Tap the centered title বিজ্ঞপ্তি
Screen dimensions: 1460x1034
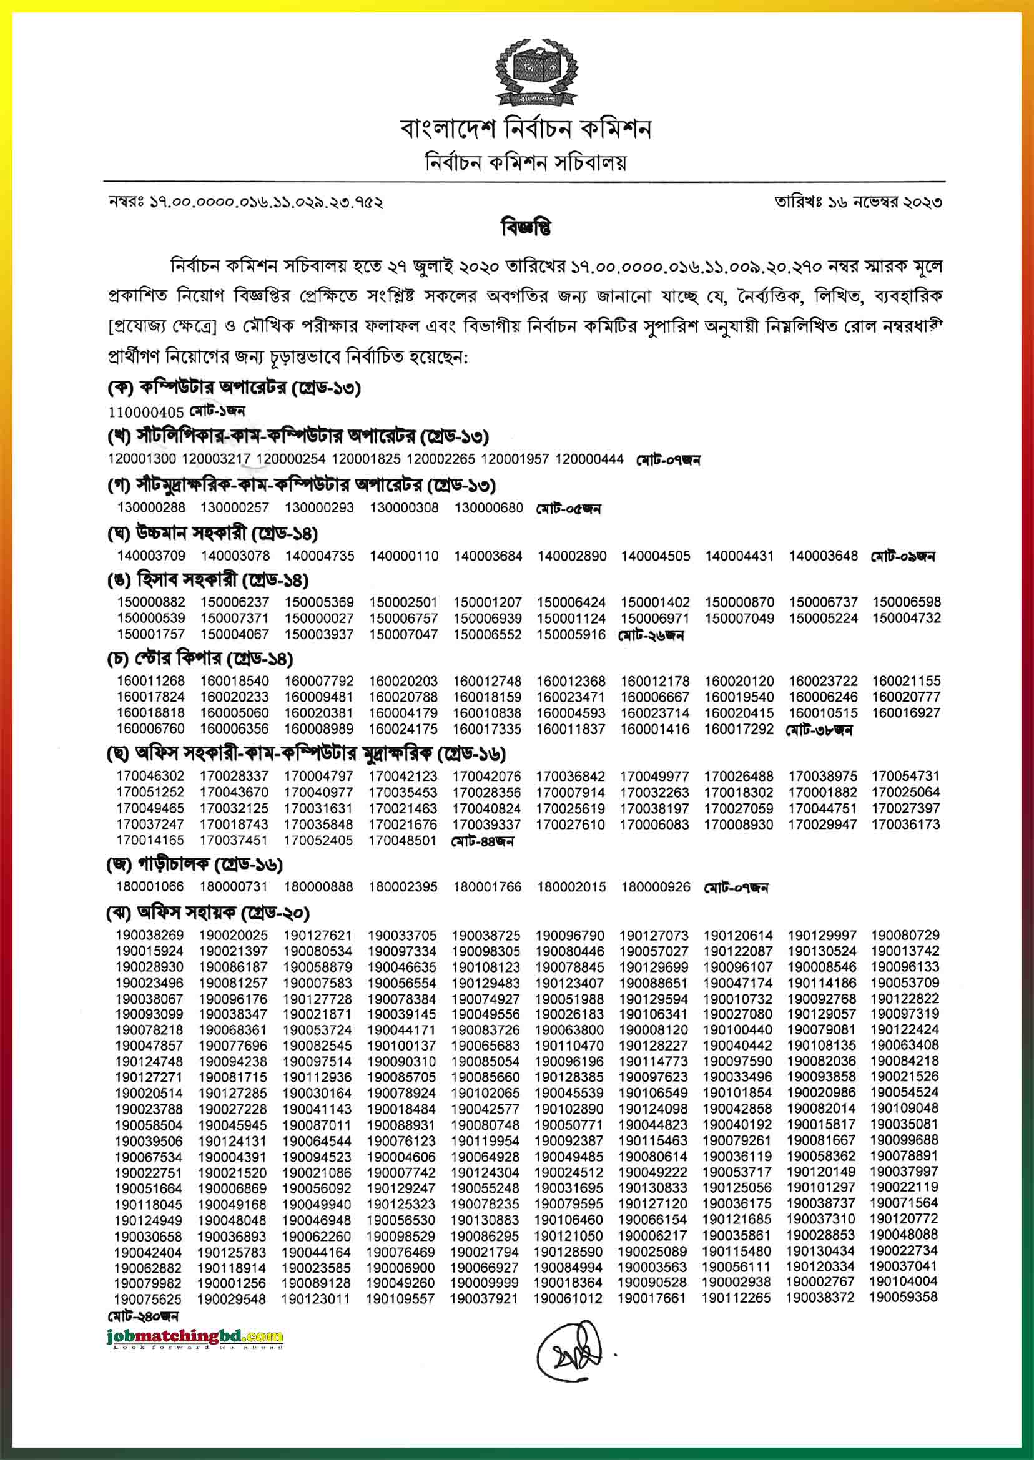[x=526, y=227]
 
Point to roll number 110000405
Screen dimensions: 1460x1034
[x=146, y=412]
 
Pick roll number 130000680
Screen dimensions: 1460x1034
[x=488, y=507]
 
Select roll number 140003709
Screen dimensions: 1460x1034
[x=151, y=556]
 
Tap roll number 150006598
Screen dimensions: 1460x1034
[x=906, y=602]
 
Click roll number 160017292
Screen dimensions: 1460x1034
[x=739, y=728]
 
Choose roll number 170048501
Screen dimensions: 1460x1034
[x=402, y=840]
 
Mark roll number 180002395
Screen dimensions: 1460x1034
[x=402, y=886]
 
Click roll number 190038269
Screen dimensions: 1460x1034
[x=150, y=935]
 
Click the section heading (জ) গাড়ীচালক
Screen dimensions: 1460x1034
[x=194, y=865]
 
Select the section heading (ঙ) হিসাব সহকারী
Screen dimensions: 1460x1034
[x=207, y=580]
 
